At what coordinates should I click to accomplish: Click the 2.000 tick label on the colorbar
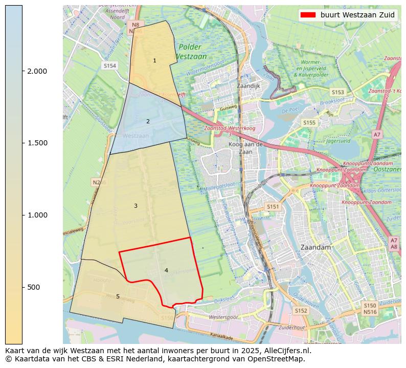[37, 71]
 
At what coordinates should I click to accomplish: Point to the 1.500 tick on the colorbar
[37, 143]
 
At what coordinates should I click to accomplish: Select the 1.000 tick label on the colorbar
[37, 215]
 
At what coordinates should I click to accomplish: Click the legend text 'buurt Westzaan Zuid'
[357, 15]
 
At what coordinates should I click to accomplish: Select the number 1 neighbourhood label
[154, 61]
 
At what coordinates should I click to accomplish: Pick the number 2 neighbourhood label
[148, 121]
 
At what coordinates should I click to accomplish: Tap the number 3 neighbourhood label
[136, 206]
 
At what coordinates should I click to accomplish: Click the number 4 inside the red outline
[166, 270]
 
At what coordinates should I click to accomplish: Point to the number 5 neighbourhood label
[118, 296]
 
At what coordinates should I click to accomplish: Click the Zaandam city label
[316, 247]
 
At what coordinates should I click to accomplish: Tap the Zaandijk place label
[249, 86]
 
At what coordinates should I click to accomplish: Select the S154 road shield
[110, 66]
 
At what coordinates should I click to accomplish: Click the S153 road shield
[337, 92]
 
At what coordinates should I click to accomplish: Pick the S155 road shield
[309, 123]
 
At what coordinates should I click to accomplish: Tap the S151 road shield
[273, 206]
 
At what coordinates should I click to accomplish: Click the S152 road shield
[301, 311]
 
